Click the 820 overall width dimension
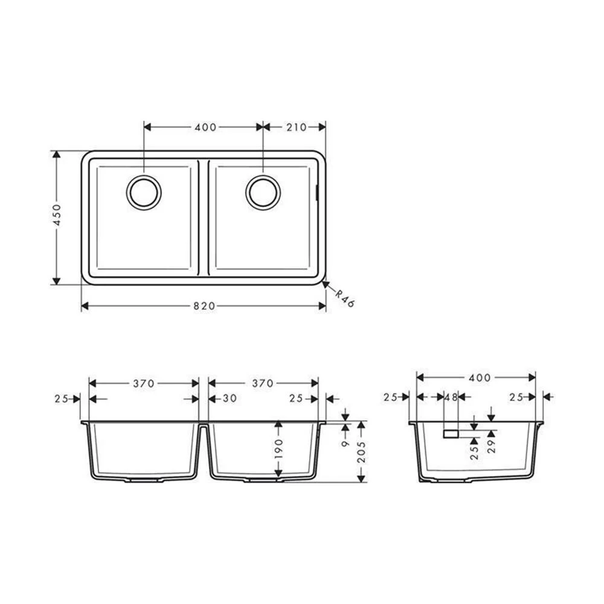click(x=204, y=306)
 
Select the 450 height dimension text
click(x=57, y=214)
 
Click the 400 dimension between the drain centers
click(x=206, y=127)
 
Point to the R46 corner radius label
click(x=345, y=298)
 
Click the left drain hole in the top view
click(x=144, y=193)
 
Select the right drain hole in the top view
click(x=263, y=193)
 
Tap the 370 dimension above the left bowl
click(x=144, y=383)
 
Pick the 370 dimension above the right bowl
click(x=263, y=383)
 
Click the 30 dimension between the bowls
click(x=229, y=399)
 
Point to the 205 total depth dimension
click(x=361, y=452)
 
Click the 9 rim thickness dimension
click(x=345, y=443)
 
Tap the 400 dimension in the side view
click(x=479, y=377)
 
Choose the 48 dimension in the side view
click(x=451, y=397)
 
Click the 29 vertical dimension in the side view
click(x=490, y=447)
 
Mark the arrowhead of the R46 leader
click(x=325, y=283)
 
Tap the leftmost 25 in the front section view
click(x=61, y=399)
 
